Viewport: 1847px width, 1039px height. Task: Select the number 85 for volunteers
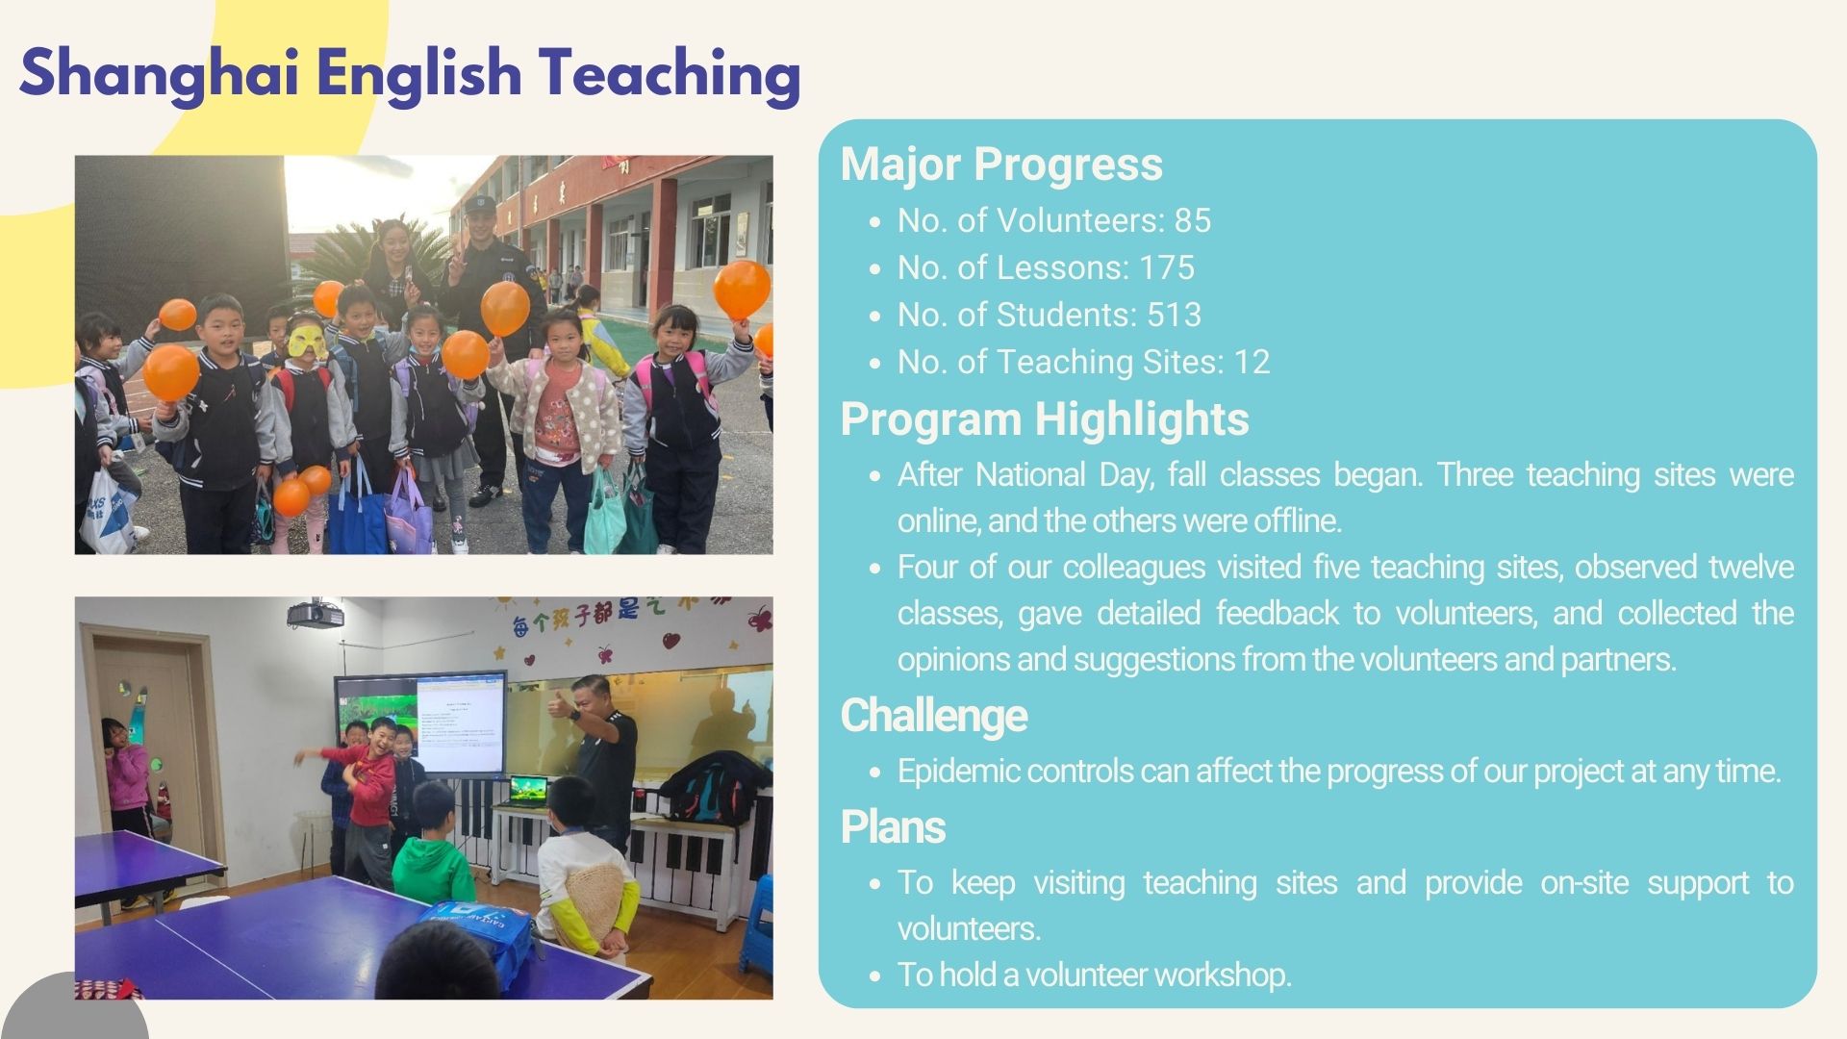[1192, 220]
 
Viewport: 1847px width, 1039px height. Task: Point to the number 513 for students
[1174, 315]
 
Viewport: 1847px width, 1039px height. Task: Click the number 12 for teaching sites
[1252, 362]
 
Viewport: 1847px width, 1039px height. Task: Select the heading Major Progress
[1001, 164]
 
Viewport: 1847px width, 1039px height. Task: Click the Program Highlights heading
[1045, 419]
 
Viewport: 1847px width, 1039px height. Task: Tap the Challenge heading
[934, 716]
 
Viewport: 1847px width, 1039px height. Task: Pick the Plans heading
[893, 827]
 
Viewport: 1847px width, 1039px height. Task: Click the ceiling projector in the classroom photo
[315, 613]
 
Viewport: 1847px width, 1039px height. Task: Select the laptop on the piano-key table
[528, 792]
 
